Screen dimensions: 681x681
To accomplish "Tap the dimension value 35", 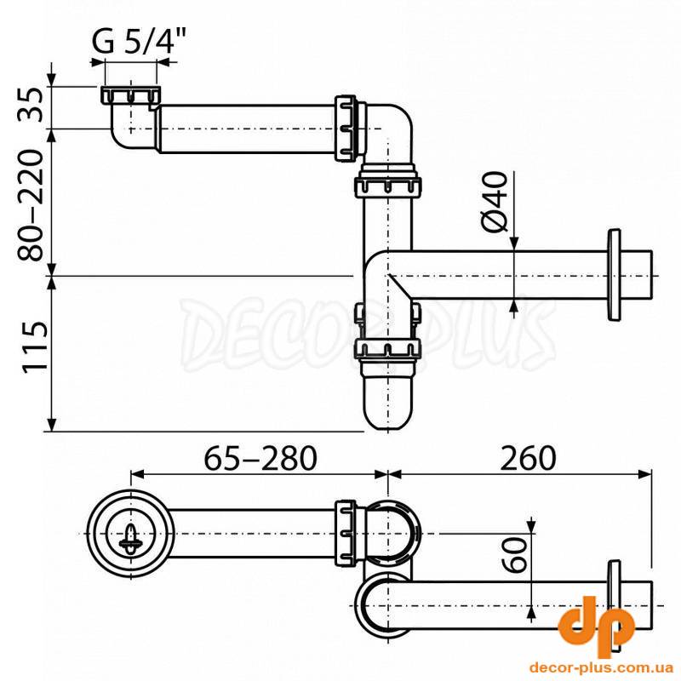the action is [31, 104].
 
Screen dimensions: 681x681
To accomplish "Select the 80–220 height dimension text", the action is [31, 205].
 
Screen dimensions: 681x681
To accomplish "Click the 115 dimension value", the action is [35, 346].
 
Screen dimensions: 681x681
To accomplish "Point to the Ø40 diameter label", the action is [495, 202].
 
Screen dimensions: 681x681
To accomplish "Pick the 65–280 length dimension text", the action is [260, 458].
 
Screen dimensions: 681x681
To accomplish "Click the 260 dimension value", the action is [528, 458].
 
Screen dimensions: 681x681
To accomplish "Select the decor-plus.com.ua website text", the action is [602, 667].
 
